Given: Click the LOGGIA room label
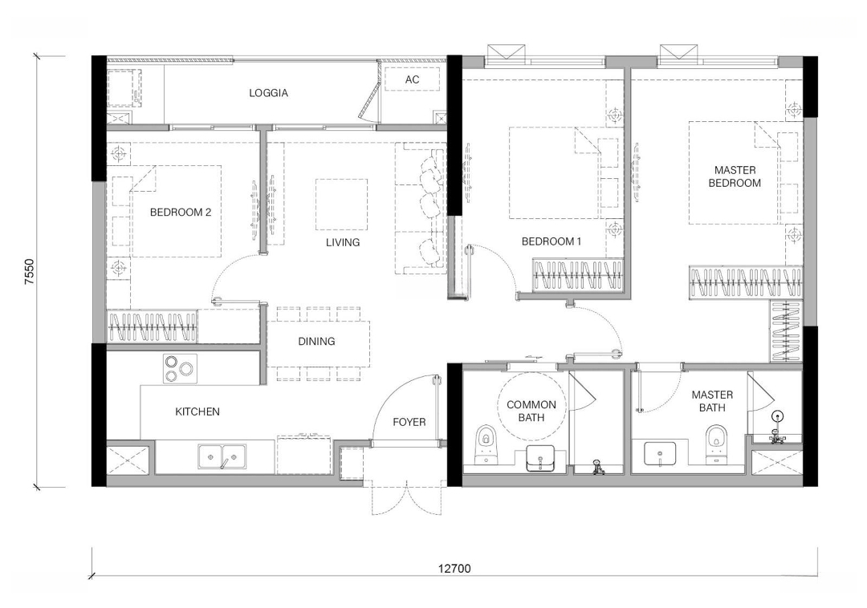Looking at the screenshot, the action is point(268,93).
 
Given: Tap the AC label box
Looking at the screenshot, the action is point(412,79).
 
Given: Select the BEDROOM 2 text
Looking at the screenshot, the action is point(181,212).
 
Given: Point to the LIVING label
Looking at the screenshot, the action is point(342,242).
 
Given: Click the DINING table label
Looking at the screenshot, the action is point(316,341).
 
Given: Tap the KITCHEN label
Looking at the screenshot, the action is point(197,411).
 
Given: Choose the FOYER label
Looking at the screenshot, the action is point(409,422).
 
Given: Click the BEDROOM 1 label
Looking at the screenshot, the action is point(552,241).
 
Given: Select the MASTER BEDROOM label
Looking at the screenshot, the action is point(735,176).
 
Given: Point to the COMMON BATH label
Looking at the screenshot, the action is point(531,411).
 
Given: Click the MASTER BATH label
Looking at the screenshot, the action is point(712,402).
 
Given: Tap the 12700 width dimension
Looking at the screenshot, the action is point(454,569).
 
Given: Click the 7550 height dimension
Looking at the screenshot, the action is point(30,272).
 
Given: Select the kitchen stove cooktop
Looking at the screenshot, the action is point(181,368).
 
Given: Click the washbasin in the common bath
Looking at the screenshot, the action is point(540,458).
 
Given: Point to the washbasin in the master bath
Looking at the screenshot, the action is point(660,454).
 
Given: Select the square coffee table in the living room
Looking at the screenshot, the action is point(342,205).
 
